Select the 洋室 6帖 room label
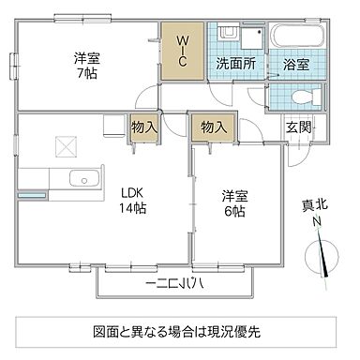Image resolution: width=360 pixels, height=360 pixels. coord(234,203)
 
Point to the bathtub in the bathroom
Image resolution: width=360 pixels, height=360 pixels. coord(296,40)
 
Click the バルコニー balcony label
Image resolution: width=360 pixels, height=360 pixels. coord(176,281)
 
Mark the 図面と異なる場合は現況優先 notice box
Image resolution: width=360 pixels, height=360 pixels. coord(178,331)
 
